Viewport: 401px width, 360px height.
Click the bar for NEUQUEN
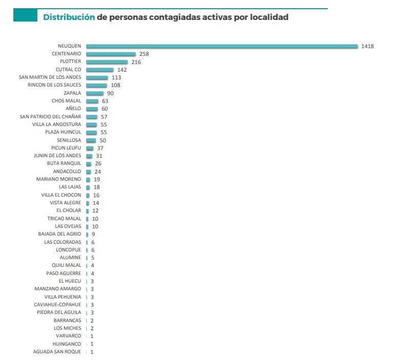[222, 46]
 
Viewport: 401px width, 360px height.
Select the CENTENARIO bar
[111, 54]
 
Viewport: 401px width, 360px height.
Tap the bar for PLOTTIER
[107, 62]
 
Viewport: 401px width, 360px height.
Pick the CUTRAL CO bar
[99, 70]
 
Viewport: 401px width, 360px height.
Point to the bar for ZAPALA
[94, 93]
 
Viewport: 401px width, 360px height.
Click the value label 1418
[367, 46]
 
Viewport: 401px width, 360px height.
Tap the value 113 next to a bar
[116, 77]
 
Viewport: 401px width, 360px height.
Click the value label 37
[100, 148]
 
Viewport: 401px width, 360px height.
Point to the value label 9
[93, 234]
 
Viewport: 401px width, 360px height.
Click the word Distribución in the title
[69, 17]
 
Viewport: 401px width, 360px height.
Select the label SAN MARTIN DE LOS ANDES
[50, 77]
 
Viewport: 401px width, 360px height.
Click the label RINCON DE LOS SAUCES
[54, 85]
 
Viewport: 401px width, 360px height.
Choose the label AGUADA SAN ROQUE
[57, 352]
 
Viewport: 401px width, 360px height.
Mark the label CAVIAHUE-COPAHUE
[57, 305]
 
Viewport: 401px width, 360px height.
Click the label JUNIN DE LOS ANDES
[57, 156]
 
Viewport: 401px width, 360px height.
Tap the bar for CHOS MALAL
[92, 101]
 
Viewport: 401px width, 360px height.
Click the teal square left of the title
[24, 16]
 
